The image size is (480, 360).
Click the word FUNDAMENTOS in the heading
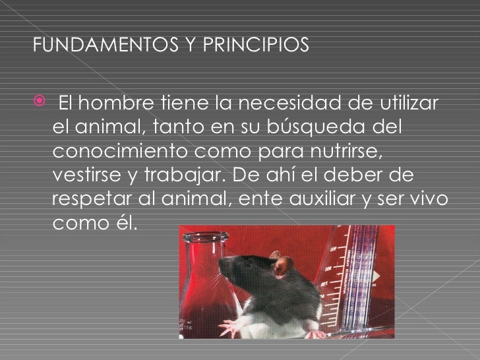(82, 47)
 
